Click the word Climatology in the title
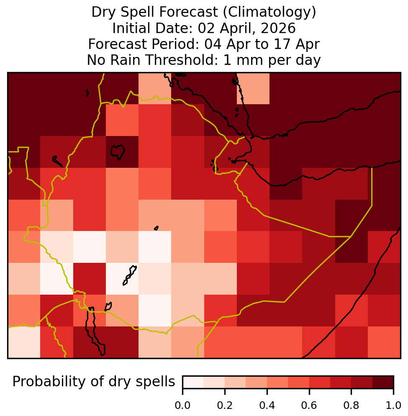(x=269, y=12)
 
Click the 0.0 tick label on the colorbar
(x=182, y=406)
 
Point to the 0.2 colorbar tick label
(x=225, y=406)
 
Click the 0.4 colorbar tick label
(x=267, y=406)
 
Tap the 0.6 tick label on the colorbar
(x=309, y=406)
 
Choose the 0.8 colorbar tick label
(x=351, y=406)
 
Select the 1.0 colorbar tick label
(x=393, y=406)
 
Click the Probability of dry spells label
(x=94, y=382)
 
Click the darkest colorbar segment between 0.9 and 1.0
(x=383, y=382)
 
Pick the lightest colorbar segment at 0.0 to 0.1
(x=193, y=382)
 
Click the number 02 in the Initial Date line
(x=206, y=28)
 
